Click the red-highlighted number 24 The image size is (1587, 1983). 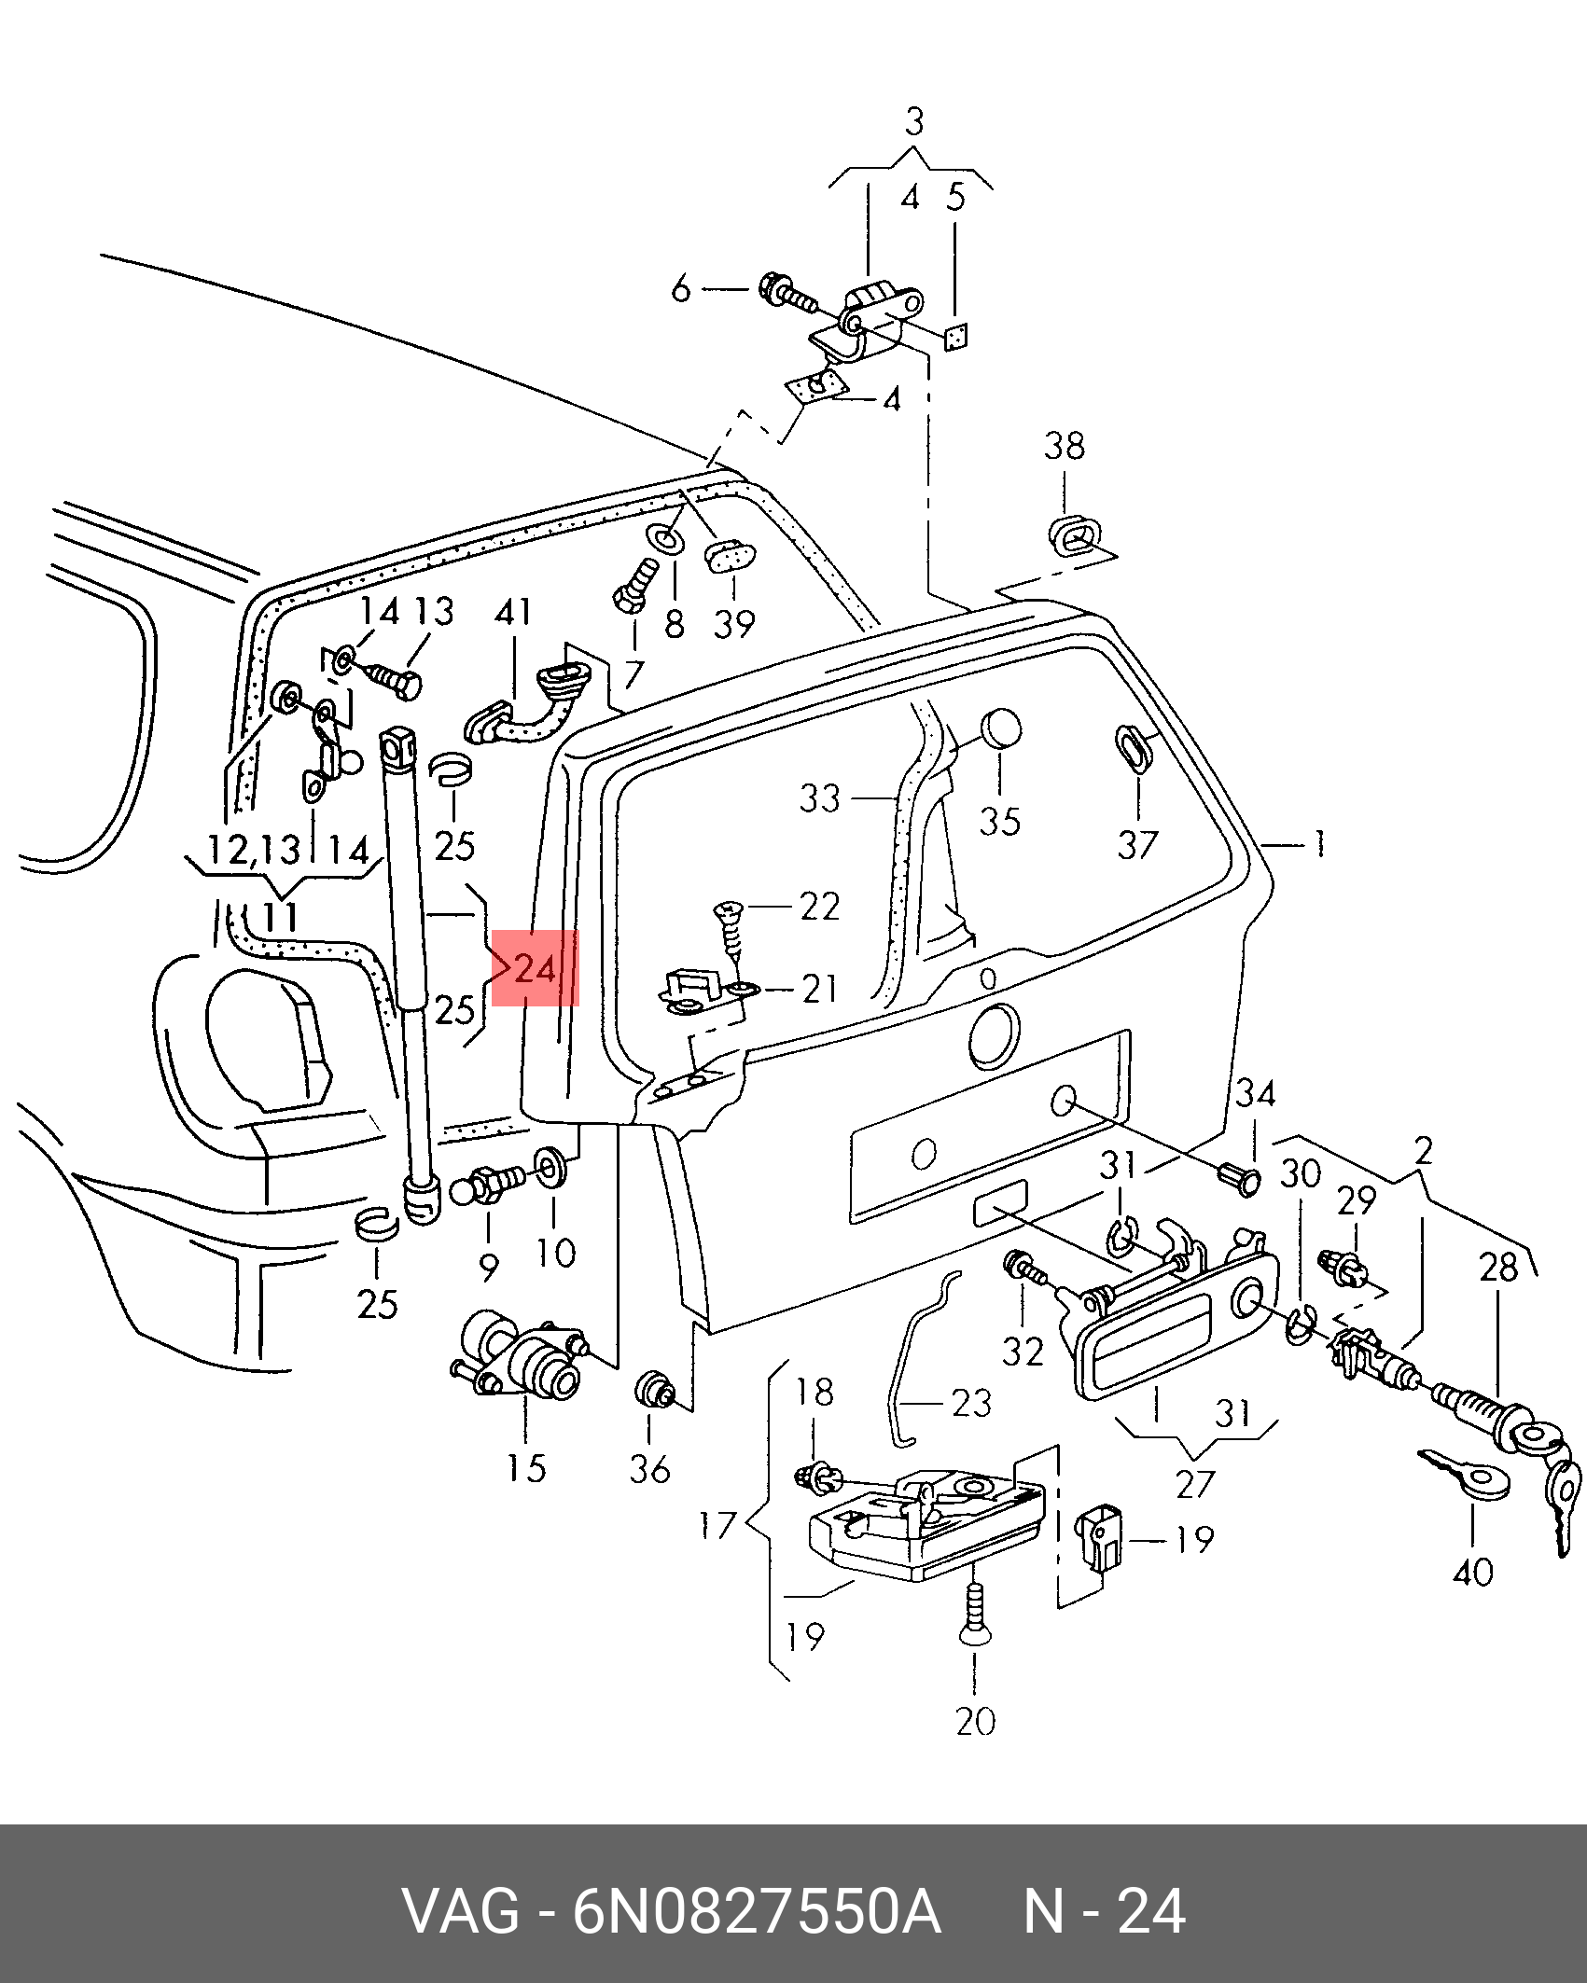[536, 969]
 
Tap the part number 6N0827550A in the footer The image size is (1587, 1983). [756, 1911]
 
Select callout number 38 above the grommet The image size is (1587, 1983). [1064, 446]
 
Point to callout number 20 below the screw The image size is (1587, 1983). [975, 1721]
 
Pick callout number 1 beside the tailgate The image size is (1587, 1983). [1319, 845]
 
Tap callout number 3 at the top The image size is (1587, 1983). [914, 122]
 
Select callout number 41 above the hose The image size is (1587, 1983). [513, 612]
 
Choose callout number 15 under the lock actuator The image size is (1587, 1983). [526, 1469]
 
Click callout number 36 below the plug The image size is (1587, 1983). [650, 1470]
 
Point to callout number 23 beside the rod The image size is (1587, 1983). [970, 1403]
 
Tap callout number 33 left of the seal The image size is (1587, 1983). [819, 798]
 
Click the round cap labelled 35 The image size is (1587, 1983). [1000, 729]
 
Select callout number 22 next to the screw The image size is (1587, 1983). [820, 906]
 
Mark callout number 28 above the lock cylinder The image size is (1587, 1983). [1498, 1268]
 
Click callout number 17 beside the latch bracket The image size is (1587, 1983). [717, 1527]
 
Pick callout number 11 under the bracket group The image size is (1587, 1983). [280, 917]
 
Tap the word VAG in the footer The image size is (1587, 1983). [461, 1911]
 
